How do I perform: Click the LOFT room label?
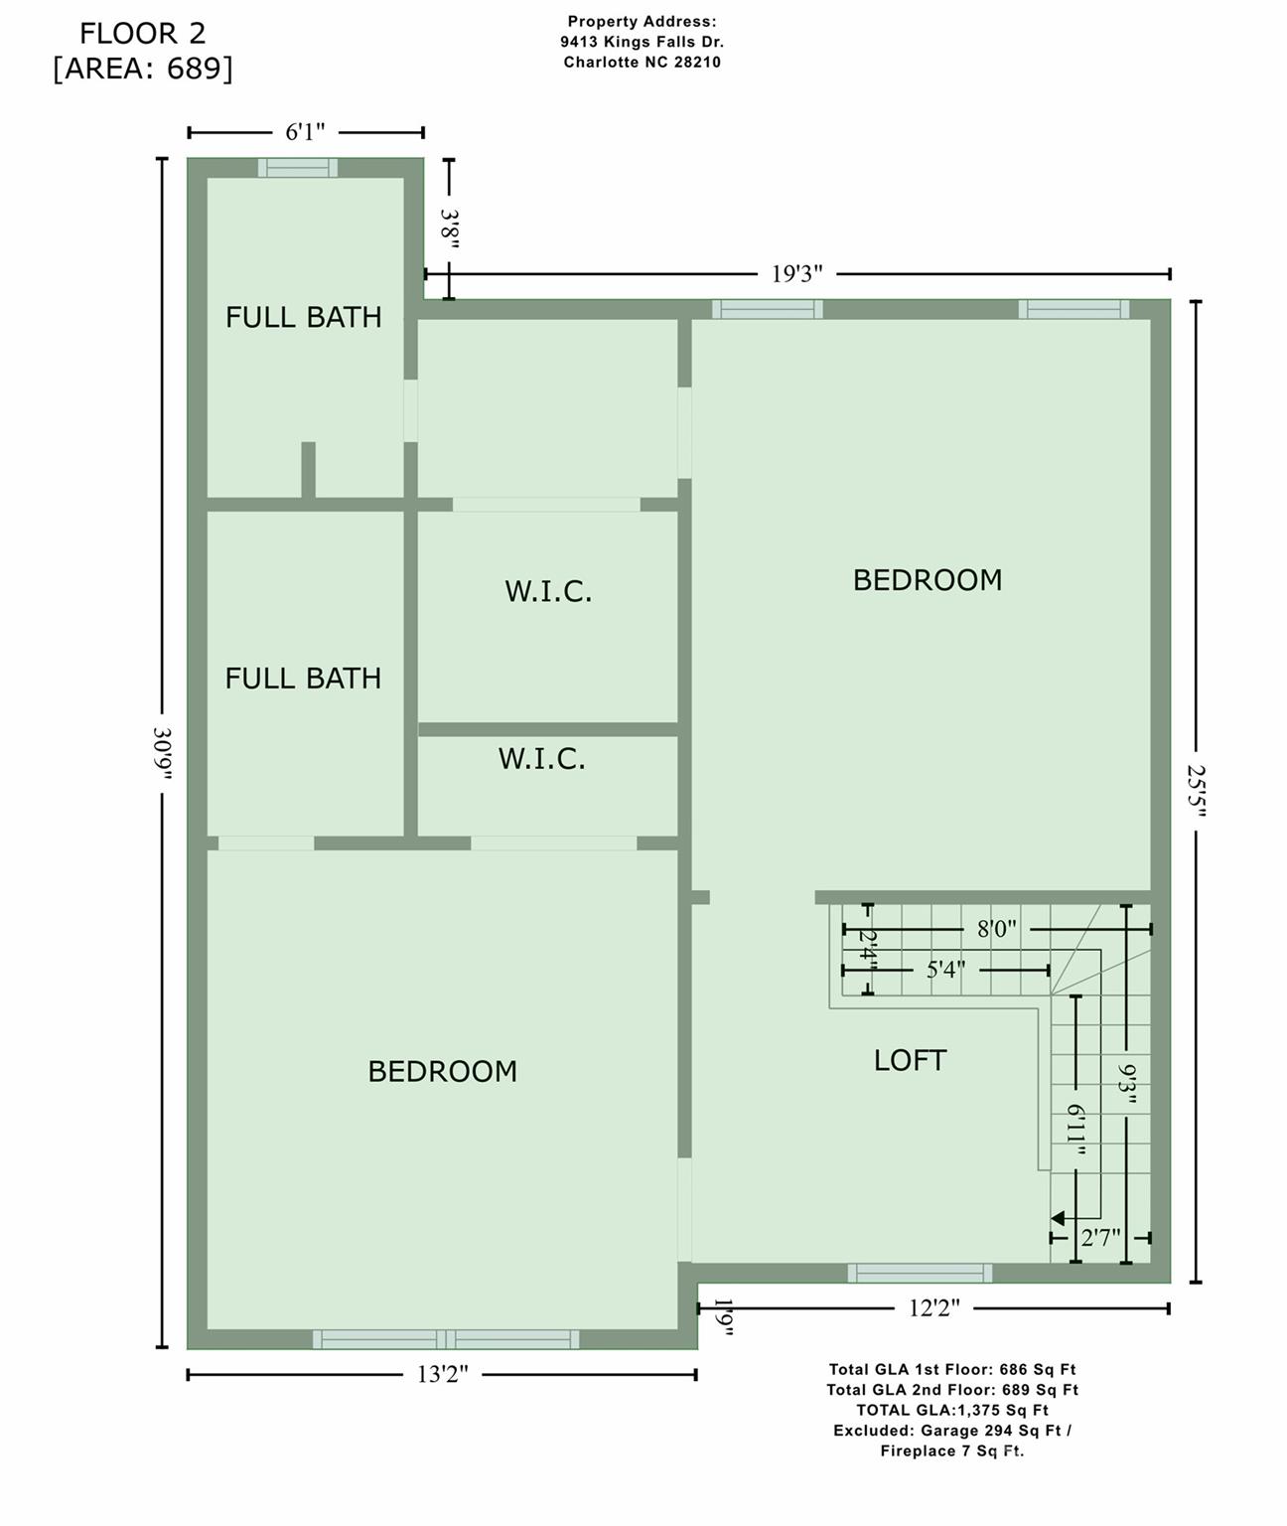click(x=910, y=1061)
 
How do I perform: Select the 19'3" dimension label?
click(x=797, y=274)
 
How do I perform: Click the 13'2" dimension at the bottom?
click(x=442, y=1375)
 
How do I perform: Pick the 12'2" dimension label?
click(x=933, y=1308)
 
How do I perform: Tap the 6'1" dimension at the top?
click(x=305, y=133)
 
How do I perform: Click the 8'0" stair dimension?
click(x=996, y=930)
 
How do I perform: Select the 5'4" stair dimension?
click(x=945, y=970)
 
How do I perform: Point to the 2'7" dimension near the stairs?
click(x=1100, y=1238)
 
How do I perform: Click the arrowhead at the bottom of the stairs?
click(x=1059, y=1218)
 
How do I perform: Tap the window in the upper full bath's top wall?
click(x=298, y=168)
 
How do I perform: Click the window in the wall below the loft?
click(x=920, y=1273)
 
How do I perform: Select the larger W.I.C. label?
click(x=548, y=592)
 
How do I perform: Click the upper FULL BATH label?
click(x=303, y=318)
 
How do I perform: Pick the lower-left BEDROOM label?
click(x=442, y=1072)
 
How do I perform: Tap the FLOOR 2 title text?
click(x=143, y=34)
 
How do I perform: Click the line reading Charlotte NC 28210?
click(x=642, y=63)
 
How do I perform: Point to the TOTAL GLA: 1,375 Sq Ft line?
click(x=952, y=1410)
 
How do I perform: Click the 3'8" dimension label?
click(x=450, y=229)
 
